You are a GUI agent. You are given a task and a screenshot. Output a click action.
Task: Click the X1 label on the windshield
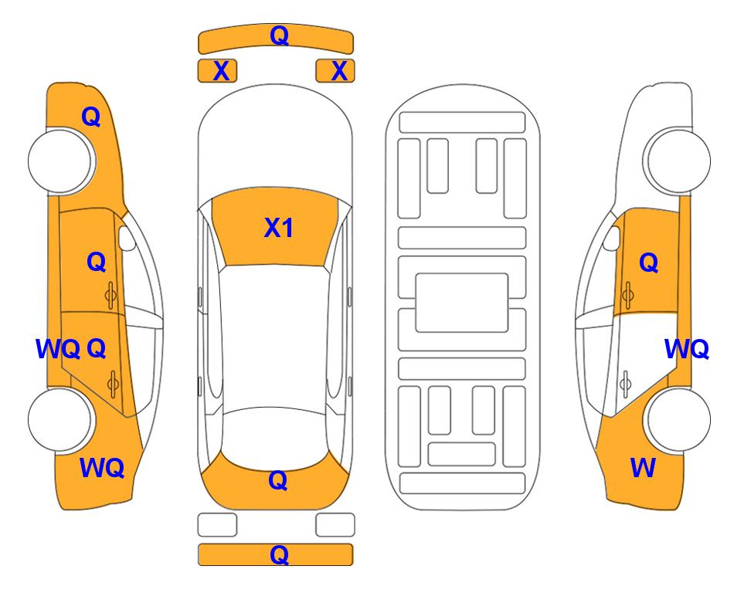[x=279, y=228]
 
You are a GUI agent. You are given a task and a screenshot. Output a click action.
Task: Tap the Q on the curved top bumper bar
[x=279, y=36]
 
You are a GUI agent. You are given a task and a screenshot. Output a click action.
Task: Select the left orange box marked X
[x=217, y=71]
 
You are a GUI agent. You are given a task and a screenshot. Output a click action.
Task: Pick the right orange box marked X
[x=335, y=71]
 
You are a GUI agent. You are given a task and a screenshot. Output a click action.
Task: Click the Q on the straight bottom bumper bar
[x=279, y=554]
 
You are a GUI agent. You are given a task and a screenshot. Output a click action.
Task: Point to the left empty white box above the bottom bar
[x=217, y=525]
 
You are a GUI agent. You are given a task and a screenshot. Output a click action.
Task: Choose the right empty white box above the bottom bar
[x=335, y=525]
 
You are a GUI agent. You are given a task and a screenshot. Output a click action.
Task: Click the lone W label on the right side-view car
[x=643, y=468]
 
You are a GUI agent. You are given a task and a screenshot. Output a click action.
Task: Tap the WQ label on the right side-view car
[x=687, y=349]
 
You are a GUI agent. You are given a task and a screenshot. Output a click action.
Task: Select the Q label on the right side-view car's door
[x=649, y=263]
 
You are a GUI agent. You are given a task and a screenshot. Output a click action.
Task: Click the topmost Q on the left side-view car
[x=91, y=117]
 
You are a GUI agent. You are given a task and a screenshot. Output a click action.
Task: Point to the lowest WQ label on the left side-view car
[x=102, y=468]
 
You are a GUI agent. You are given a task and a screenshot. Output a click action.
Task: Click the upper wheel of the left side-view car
[x=60, y=161]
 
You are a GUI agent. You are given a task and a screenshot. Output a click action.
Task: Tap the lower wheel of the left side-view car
[x=60, y=419]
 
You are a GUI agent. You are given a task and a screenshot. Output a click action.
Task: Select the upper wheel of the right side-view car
[x=677, y=161]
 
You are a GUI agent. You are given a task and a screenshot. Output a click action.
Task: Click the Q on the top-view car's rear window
[x=278, y=480]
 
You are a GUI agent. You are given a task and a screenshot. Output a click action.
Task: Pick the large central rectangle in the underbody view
[x=462, y=303]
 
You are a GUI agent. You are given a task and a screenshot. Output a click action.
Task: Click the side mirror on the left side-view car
[x=127, y=238]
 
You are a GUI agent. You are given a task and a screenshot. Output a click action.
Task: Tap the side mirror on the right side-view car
[x=611, y=238]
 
